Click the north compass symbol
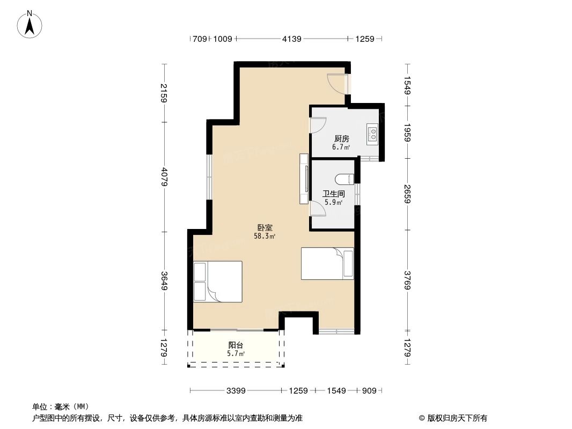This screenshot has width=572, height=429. coord(30,24)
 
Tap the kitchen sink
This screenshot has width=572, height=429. coord(372,134)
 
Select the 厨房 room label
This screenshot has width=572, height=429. coord(341,138)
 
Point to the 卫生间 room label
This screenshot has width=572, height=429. coord(333,194)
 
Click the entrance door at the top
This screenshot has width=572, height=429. coord(339,84)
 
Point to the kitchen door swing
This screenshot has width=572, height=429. coord(318,124)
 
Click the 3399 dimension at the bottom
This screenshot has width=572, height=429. coord(236,391)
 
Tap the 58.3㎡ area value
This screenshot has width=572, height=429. coord(265,236)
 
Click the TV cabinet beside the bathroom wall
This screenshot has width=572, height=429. coord(304,179)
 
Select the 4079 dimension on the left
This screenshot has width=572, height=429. coord(164,177)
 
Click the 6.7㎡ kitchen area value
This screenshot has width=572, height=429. coord(341,147)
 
